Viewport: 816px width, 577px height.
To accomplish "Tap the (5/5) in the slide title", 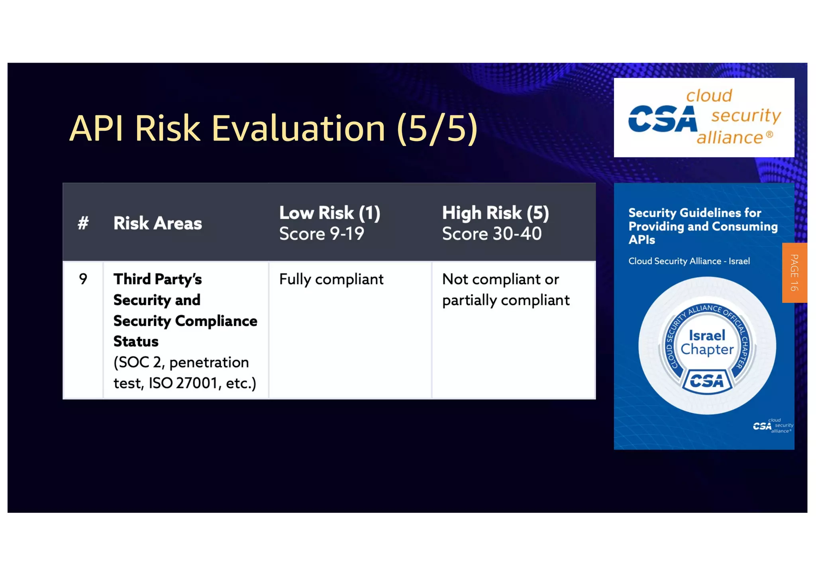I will (x=437, y=128).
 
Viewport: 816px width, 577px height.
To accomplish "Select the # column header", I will (x=83, y=223).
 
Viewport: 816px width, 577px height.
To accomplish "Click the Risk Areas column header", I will (x=157, y=223).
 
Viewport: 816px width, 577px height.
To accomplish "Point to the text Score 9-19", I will (x=322, y=234).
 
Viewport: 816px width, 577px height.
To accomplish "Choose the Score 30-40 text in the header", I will (x=492, y=234).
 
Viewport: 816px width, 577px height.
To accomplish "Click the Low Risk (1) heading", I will (x=330, y=213).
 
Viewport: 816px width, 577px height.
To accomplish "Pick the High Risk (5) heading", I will (x=495, y=213).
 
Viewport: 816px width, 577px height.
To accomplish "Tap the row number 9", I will (x=83, y=279).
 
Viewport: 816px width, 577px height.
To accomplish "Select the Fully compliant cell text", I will (x=331, y=279).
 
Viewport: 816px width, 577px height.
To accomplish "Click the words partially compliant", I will (x=506, y=300).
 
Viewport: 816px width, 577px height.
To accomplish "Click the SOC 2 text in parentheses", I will (x=139, y=363).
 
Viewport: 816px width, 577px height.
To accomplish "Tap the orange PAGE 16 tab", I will (x=794, y=273).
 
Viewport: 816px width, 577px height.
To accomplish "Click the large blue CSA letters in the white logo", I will (x=662, y=119).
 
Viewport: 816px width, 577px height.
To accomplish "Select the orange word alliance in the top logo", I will (x=730, y=138).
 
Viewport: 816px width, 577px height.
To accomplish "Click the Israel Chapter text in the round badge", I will (x=707, y=342).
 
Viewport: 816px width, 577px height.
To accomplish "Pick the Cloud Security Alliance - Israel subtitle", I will (x=689, y=261).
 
